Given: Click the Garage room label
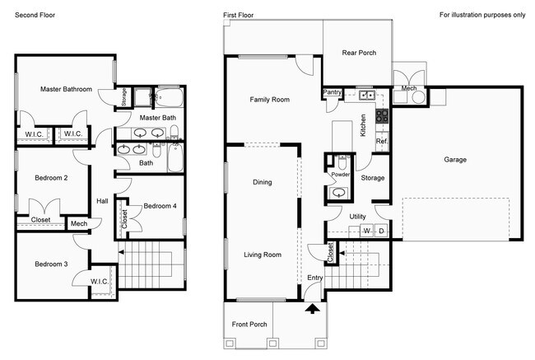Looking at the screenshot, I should click(455, 160).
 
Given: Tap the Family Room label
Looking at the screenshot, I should click(270, 100).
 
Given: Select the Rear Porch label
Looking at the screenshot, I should click(359, 53).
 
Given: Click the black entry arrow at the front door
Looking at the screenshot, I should click(313, 310).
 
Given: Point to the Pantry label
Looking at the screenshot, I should click(333, 92).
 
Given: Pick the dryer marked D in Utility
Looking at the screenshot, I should click(380, 230).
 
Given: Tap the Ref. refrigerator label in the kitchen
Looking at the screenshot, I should click(382, 142).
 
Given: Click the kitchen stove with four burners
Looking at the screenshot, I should click(382, 116).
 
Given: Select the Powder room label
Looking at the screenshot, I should click(340, 175).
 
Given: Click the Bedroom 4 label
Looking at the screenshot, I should click(160, 206).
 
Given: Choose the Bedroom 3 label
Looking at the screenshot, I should click(51, 264).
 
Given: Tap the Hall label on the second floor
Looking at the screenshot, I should click(102, 200).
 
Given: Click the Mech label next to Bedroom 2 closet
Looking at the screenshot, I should click(79, 223).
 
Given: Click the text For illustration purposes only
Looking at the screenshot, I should click(481, 15).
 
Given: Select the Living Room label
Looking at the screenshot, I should click(263, 255).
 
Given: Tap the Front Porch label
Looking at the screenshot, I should click(249, 324).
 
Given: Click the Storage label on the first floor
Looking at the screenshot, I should click(373, 177).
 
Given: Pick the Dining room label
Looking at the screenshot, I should click(262, 182).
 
